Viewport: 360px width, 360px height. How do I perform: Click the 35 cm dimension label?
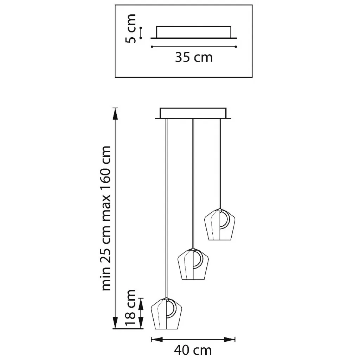coord(194,57)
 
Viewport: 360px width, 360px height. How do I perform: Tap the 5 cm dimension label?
coord(131,29)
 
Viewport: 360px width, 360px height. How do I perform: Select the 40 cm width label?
coord(193,351)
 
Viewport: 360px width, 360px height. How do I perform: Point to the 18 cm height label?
coord(131,307)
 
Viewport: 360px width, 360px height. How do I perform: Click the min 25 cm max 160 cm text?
coord(106,218)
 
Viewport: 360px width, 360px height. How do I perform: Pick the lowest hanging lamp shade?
coord(167,314)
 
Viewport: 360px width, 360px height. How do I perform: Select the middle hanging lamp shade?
coord(193,264)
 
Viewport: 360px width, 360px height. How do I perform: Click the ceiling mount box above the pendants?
coord(193,113)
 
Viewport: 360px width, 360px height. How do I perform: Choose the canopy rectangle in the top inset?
coord(194,32)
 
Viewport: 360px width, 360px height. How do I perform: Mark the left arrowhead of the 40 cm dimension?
coord(156,339)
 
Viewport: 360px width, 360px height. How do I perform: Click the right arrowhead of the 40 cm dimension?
coord(230,339)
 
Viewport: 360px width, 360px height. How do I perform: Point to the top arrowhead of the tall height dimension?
coord(115,114)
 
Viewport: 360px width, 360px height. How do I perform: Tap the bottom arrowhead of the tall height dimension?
coord(115,323)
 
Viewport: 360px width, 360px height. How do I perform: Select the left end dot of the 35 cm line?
coord(152,47)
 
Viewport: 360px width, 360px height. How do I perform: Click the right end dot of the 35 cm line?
coord(236,47)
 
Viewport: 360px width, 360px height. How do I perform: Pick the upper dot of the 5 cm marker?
coord(141,28)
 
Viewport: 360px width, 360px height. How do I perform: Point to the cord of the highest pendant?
coord(220,164)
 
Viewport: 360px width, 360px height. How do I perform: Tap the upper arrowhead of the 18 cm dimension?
coord(141,303)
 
